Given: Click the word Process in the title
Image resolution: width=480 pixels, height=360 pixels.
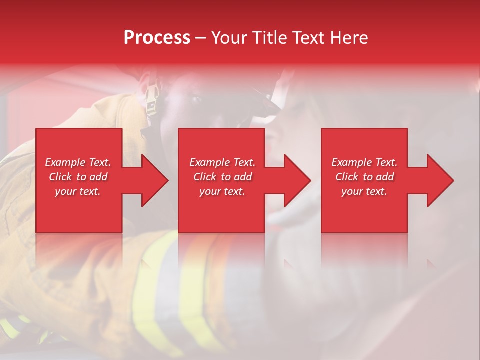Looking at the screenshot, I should coord(157,38).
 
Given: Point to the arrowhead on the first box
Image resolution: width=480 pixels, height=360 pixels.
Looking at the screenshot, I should coord(152,180).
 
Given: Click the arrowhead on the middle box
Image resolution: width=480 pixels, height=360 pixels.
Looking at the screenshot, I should coord(295,180).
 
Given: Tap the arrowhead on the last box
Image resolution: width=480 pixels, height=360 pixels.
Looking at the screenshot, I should coord(437,180).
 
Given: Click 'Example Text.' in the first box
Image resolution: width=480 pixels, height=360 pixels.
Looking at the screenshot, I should coord(78,162).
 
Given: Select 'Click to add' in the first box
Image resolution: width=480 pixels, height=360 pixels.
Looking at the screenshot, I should coord(78,177).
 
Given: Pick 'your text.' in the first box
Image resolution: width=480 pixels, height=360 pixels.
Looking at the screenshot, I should coord(78,191).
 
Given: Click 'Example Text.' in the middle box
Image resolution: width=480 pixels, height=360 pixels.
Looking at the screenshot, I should coord(222,162).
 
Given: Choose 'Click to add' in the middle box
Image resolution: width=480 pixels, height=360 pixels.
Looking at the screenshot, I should coord(222,177).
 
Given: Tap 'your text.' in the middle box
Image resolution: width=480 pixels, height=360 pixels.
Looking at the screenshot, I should coord(222,191).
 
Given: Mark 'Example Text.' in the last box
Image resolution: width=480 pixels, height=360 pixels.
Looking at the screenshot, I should coord(364,162).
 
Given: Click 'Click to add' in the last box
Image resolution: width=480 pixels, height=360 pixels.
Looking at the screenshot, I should coord(364,177).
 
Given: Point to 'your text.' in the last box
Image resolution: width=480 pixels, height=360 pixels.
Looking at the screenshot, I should coord(364,191).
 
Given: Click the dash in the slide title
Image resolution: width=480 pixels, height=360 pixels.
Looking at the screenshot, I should coord(200,38).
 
